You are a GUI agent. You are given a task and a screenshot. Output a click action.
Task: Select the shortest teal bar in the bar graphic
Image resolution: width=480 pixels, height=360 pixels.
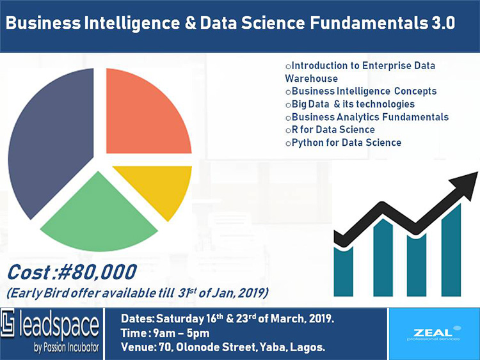[x=344, y=275]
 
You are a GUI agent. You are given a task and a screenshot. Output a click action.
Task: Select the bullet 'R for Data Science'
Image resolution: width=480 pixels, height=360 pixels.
[x=337, y=130]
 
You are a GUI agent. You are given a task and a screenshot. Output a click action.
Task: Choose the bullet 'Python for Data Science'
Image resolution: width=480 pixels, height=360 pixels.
[x=346, y=143]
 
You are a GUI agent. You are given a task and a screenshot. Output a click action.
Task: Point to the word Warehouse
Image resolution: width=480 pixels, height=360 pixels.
[x=311, y=78]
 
